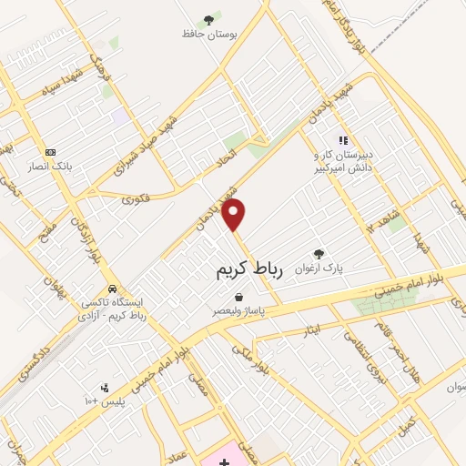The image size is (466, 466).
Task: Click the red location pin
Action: pyautogui.click(x=235, y=215)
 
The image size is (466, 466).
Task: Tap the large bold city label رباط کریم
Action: pyautogui.click(x=250, y=269)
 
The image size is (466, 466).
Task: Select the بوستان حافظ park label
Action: pyautogui.click(x=209, y=34)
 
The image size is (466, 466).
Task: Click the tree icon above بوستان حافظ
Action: pyautogui.click(x=209, y=19)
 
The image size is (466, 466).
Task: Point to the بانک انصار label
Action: pyautogui.click(x=49, y=167)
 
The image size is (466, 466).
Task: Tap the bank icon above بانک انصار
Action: pyautogui.click(x=49, y=152)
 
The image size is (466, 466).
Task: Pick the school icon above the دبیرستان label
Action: pyautogui.click(x=343, y=140)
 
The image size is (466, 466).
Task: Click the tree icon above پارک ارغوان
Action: pyautogui.click(x=318, y=254)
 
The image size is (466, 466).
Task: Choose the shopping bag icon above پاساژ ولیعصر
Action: pyautogui.click(x=238, y=297)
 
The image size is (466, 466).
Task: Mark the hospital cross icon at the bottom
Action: pyautogui.click(x=225, y=462)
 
